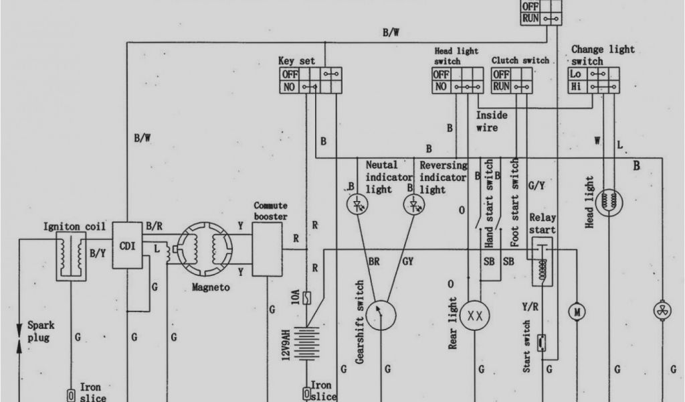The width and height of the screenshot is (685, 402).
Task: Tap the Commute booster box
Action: [x=268, y=249]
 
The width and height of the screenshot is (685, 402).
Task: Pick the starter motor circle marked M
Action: [x=575, y=311]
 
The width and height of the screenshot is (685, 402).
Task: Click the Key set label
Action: [x=296, y=61]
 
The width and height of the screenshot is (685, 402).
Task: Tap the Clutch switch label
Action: [x=520, y=60]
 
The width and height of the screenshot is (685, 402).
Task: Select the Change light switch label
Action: [x=602, y=55]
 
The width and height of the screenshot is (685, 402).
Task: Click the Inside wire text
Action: [x=492, y=121]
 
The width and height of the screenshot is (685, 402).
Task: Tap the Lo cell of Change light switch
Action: [x=577, y=74]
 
